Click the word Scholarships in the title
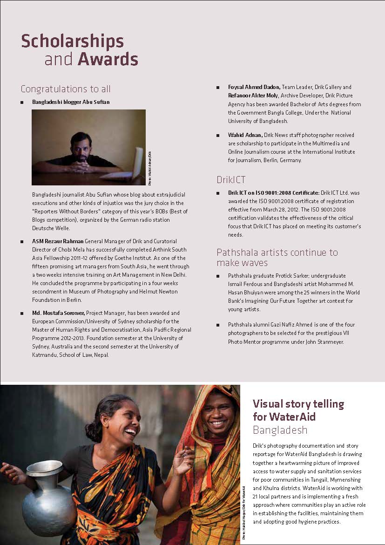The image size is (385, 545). point(72,41)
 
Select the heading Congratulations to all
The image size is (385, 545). point(66,89)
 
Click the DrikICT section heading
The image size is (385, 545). point(231,179)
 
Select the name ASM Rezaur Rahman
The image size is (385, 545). point(58,241)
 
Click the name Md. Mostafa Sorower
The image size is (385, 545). point(59,313)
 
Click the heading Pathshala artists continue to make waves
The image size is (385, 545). point(277,258)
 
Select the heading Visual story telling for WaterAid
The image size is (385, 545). point(298,409)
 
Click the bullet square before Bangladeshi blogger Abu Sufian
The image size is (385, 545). point(22,102)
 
